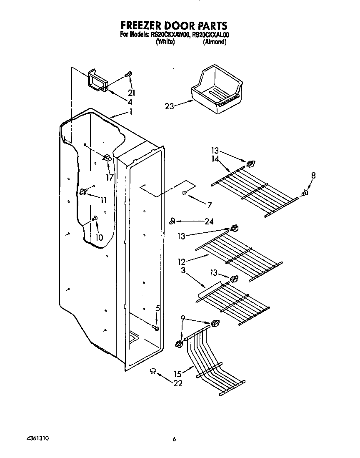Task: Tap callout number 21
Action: [x=132, y=93]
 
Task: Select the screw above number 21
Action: [x=129, y=75]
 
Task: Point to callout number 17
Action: [x=110, y=177]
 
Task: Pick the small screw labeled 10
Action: [x=95, y=218]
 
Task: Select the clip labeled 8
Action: [x=305, y=193]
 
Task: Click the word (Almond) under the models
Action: [x=215, y=42]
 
